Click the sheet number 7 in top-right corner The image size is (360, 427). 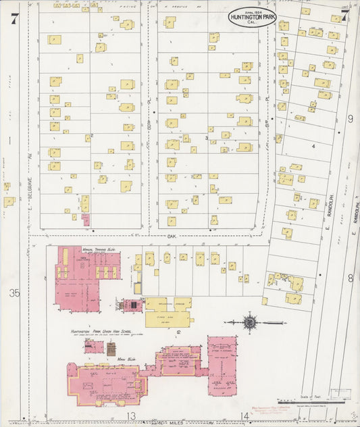[344, 17]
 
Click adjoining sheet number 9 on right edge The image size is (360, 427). [350, 119]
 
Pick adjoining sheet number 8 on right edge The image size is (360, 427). [350, 278]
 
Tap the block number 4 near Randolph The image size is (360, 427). [313, 145]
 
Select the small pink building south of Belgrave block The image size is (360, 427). [86, 220]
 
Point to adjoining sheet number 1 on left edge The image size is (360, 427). [10, 141]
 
